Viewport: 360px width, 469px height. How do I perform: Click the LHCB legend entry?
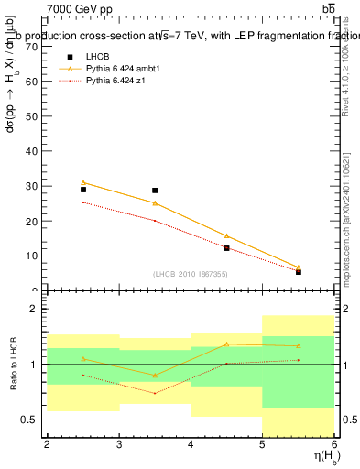[96, 57]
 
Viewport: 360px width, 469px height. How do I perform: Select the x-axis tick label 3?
[119, 444]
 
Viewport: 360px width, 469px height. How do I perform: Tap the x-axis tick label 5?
[263, 444]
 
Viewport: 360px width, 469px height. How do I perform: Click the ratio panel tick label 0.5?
[27, 420]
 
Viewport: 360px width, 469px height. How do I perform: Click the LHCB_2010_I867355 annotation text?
[191, 274]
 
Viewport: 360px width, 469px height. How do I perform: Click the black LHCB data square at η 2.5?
[83, 190]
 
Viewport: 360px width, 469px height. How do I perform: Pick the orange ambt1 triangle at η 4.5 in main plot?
[227, 235]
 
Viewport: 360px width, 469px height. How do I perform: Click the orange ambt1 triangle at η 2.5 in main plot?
[83, 182]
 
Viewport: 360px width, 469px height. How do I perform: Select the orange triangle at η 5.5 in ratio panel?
[299, 345]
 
